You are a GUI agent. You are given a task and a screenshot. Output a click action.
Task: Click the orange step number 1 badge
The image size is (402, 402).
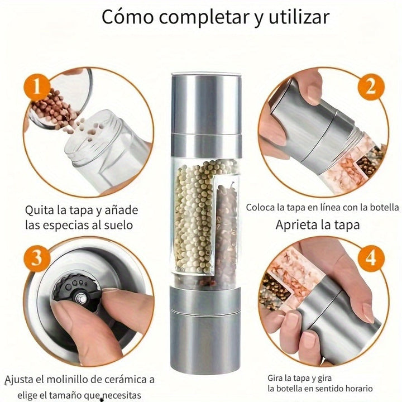pos(36,88)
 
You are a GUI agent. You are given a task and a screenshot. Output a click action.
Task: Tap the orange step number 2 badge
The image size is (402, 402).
pos(370,88)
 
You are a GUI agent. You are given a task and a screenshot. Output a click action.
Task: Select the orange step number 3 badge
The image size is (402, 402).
pos(36,258)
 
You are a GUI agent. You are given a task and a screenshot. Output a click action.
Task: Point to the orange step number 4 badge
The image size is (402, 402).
pos(370,259)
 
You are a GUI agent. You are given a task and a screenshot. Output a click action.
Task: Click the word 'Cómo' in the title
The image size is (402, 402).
pos(126,17)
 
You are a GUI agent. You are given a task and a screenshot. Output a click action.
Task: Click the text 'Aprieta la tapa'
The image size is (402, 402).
pos(317,226)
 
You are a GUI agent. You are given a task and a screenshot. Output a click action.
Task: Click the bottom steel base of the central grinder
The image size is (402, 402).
pos(205,324)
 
